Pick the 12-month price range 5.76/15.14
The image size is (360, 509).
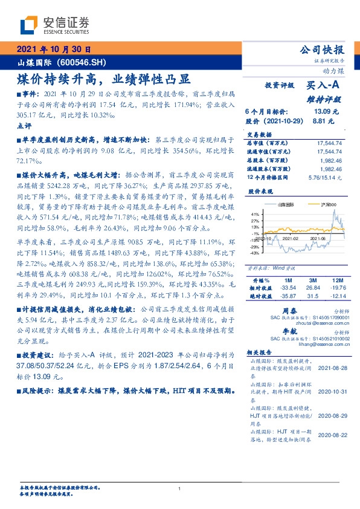pyautogui.click(x=325, y=178)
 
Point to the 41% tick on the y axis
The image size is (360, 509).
pyautogui.click(x=255, y=214)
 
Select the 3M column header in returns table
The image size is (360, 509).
pyautogui.click(x=312, y=281)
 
